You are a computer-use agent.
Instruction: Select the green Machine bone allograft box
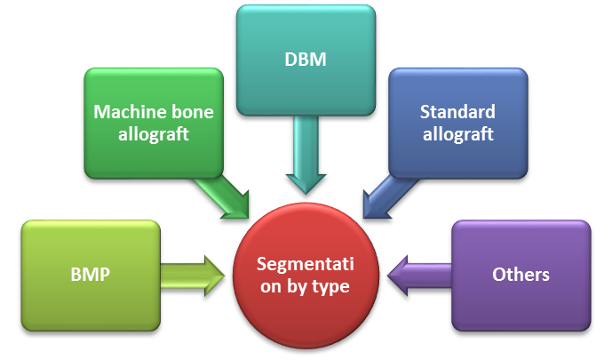[x=153, y=123]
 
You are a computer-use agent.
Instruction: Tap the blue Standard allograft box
[x=457, y=123]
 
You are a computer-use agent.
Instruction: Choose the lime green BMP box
[x=90, y=274]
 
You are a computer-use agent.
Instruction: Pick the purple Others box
[x=521, y=274]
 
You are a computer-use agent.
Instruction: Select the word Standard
[x=457, y=113]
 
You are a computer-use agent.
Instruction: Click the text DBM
[x=306, y=60]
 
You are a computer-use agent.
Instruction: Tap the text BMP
[x=90, y=274]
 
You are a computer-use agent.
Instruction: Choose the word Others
[x=521, y=274]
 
